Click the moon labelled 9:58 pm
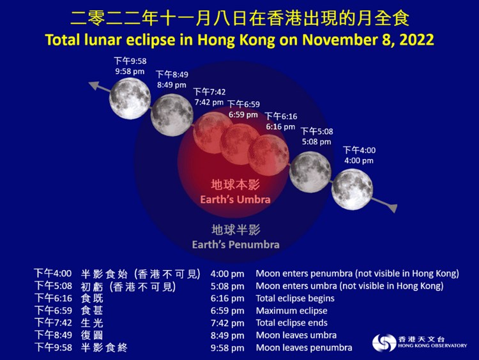[x=130, y=98]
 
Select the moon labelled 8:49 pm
[x=172, y=115]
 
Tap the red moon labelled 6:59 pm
[x=240, y=144]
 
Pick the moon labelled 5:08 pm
[x=310, y=172]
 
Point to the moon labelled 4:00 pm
[x=352, y=190]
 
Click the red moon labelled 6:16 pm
[x=268, y=155]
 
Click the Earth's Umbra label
[x=235, y=199]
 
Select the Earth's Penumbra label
[x=236, y=244]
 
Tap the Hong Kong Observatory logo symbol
[x=384, y=343]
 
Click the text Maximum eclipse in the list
[x=291, y=311]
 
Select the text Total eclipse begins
[x=295, y=298]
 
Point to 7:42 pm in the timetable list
[x=227, y=323]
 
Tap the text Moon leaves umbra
[x=296, y=335]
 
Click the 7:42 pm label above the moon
[x=209, y=102]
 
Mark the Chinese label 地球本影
[x=235, y=184]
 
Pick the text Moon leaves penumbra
[x=304, y=347]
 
